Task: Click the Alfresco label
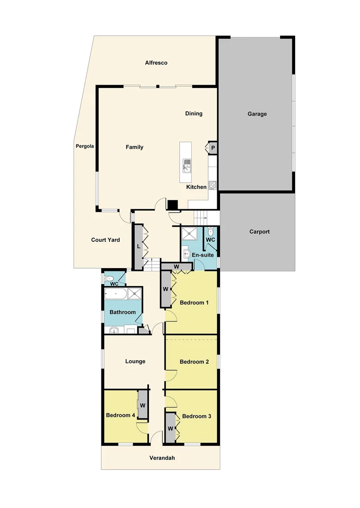tap(156, 63)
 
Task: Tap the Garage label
tap(257, 114)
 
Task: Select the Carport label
tap(259, 231)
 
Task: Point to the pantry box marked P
tap(213, 148)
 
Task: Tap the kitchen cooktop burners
tap(212, 185)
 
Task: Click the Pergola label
tap(85, 146)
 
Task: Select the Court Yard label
tap(105, 240)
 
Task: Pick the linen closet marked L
tap(139, 246)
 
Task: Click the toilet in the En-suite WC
tap(211, 232)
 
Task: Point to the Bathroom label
tap(123, 312)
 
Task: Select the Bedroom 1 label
tap(194, 302)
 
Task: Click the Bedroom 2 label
tap(194, 362)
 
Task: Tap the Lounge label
tap(135, 361)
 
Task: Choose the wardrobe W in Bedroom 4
tap(142, 405)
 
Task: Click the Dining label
tap(194, 113)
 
